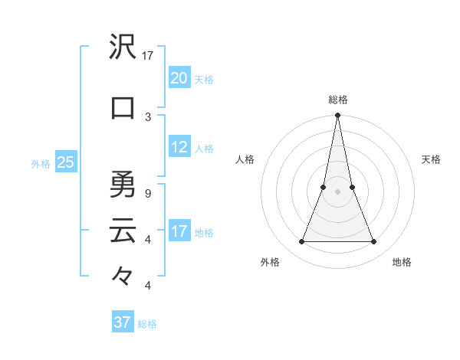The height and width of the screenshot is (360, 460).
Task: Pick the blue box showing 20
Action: click(179, 78)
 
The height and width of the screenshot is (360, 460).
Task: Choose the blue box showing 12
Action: click(179, 148)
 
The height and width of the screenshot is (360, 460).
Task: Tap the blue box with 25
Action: click(66, 162)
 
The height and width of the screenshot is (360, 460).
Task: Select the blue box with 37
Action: click(123, 322)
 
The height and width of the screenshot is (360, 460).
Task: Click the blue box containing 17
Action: click(179, 231)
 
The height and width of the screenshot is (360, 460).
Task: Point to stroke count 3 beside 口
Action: click(148, 116)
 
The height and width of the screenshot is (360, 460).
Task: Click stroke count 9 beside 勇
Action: click(148, 193)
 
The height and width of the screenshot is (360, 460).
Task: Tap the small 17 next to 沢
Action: click(148, 55)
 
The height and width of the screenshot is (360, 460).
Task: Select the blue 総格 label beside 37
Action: click(147, 324)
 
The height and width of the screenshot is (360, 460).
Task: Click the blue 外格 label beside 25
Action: click(41, 163)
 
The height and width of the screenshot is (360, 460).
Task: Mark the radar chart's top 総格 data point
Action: click(337, 116)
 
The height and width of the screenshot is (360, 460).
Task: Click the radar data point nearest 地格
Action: click(374, 242)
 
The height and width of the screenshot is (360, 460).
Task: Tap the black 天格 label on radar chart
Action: click(431, 159)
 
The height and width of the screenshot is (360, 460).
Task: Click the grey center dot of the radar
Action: click(337, 191)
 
